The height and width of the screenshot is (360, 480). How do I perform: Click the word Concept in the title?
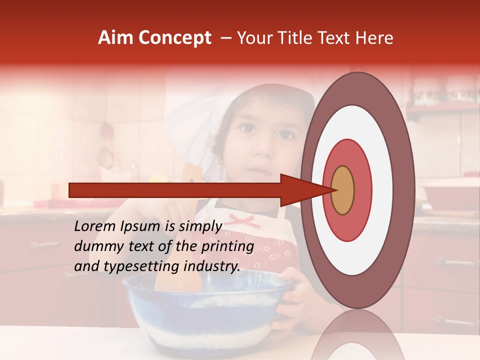click(175, 38)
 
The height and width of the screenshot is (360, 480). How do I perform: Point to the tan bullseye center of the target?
click(342, 190)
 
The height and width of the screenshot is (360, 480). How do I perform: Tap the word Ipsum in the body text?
click(139, 226)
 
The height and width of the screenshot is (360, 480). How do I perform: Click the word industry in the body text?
click(210, 266)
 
